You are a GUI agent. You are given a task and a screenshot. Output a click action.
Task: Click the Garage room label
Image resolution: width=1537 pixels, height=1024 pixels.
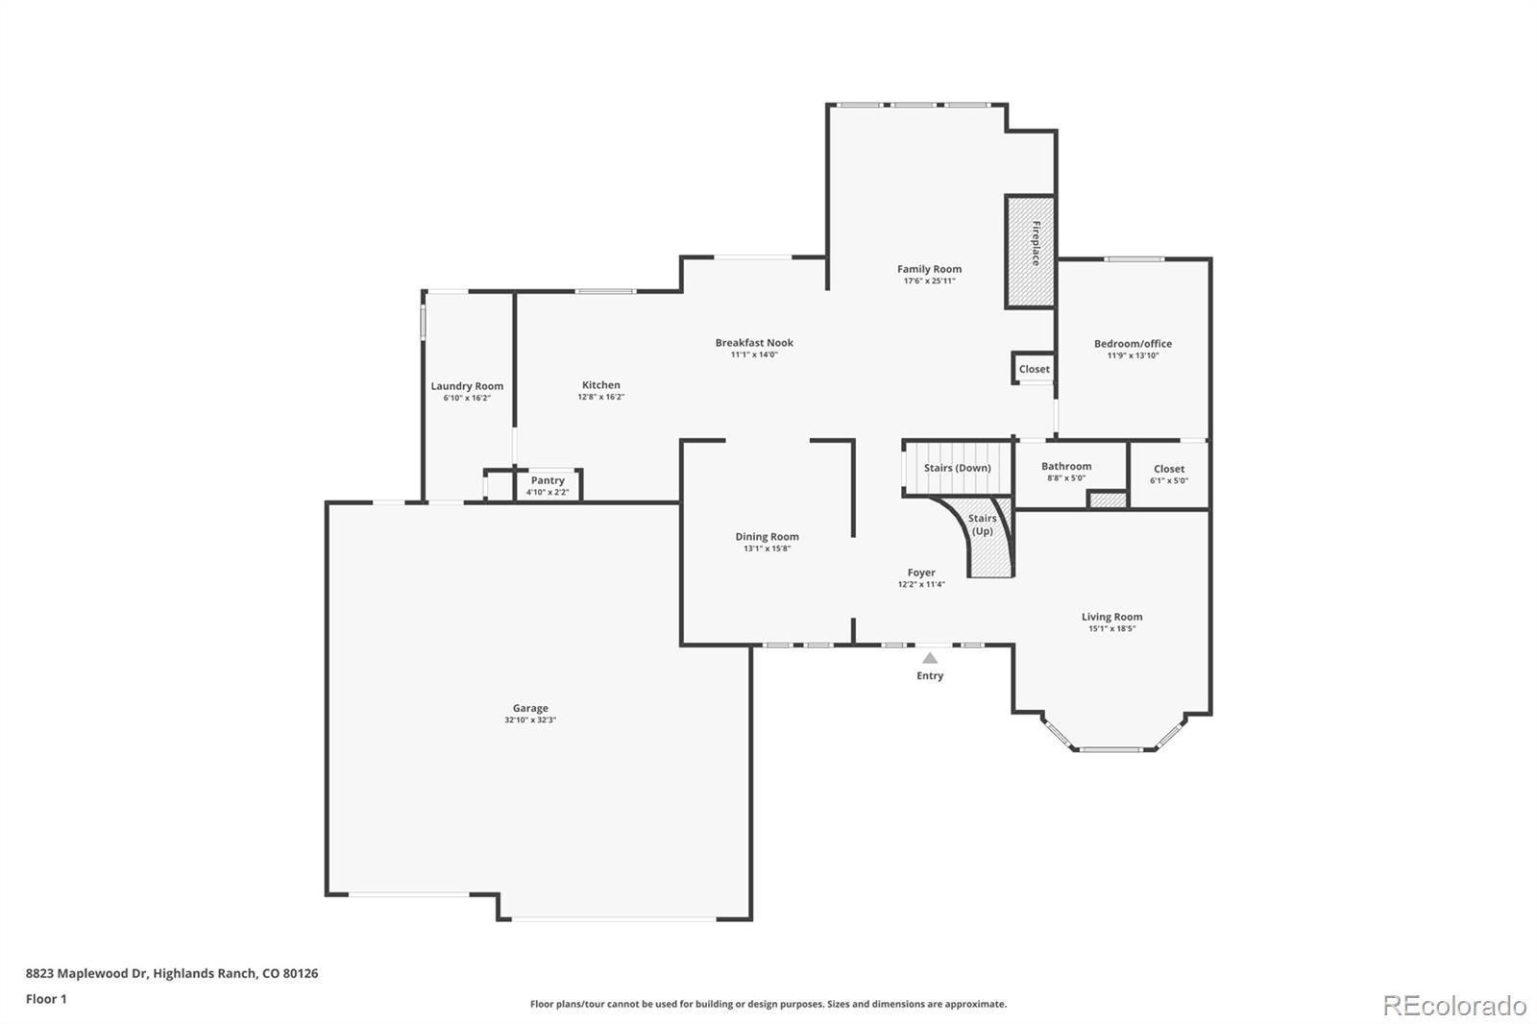530,708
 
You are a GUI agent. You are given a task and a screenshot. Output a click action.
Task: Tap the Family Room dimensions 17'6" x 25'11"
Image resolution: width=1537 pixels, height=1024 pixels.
929,281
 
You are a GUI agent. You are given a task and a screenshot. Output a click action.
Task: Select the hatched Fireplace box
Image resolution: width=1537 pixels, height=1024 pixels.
1030,252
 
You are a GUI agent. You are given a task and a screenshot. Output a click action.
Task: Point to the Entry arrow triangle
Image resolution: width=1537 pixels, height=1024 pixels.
929,658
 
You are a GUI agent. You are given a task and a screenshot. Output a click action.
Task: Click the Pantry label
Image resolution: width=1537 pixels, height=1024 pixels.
548,480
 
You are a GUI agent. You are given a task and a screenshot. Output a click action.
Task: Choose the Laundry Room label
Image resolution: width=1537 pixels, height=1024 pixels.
467,386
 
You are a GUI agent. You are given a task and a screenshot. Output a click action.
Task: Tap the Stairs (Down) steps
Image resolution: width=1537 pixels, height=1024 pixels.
957,468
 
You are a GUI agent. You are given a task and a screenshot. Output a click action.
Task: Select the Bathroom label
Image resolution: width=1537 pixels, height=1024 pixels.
1066,466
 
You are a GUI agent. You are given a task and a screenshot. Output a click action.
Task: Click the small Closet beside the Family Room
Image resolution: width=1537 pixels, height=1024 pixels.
1034,369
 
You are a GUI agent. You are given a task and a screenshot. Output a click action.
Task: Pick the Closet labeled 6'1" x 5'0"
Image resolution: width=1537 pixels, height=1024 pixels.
1169,475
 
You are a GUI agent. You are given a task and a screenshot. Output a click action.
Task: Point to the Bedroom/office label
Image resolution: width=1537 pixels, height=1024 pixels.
1133,343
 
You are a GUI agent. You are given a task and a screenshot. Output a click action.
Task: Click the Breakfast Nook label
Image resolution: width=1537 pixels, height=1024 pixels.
754,342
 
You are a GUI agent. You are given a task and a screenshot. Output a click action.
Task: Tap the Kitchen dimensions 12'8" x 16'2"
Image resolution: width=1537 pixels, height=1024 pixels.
600,397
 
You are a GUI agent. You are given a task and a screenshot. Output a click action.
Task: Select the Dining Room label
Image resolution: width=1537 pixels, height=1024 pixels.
767,537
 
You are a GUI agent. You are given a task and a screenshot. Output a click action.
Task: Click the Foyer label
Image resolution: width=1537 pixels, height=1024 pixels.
921,573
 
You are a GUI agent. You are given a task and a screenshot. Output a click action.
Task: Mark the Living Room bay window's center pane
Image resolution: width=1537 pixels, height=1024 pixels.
1111,748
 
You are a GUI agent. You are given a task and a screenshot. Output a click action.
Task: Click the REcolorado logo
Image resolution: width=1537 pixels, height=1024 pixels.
1453,1005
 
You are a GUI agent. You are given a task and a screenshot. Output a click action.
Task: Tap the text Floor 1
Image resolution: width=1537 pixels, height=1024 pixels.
46,999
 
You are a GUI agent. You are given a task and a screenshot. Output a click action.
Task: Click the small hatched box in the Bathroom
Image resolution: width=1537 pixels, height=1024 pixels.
1107,500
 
